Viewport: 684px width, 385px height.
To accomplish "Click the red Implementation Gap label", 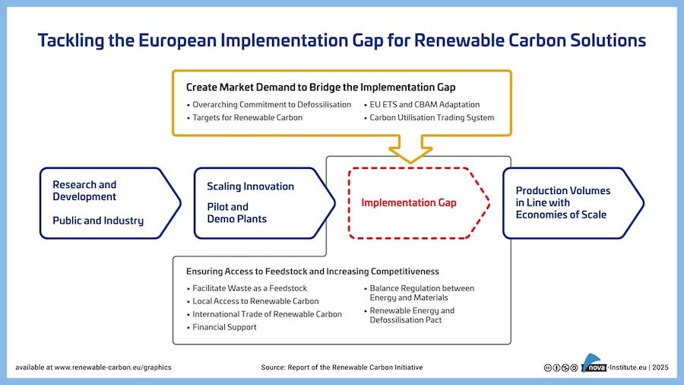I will (408, 203).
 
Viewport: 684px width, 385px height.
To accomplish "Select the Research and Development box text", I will (84, 190).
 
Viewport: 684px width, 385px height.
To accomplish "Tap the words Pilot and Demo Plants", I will (236, 212).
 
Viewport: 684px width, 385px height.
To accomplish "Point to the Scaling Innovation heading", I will (250, 186).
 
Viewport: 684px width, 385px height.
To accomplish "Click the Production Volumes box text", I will (562, 202).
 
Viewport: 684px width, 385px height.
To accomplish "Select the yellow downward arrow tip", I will (410, 159).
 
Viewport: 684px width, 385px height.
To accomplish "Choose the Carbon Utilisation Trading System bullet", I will (432, 118).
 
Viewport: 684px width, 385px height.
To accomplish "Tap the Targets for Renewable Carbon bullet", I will (247, 118).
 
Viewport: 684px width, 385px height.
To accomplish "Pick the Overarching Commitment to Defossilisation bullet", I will (271, 104).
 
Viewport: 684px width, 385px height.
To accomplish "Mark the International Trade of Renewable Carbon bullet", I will (267, 314).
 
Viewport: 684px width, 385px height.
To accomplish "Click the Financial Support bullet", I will (224, 327).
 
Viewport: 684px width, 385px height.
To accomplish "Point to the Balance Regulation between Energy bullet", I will (421, 293).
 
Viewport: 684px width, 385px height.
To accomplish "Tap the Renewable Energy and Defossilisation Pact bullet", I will (412, 315).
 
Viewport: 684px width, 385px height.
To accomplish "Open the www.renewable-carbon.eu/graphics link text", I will (112, 367).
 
